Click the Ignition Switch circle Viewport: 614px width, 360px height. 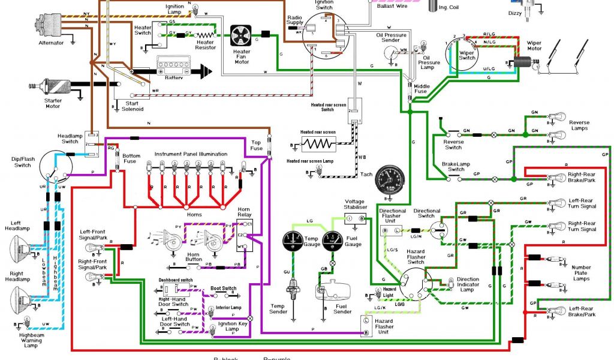(324, 34)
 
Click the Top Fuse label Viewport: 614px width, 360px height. (256, 145)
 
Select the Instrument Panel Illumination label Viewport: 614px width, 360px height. (191, 154)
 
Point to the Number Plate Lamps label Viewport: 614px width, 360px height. (581, 272)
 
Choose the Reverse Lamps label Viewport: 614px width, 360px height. (579, 125)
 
